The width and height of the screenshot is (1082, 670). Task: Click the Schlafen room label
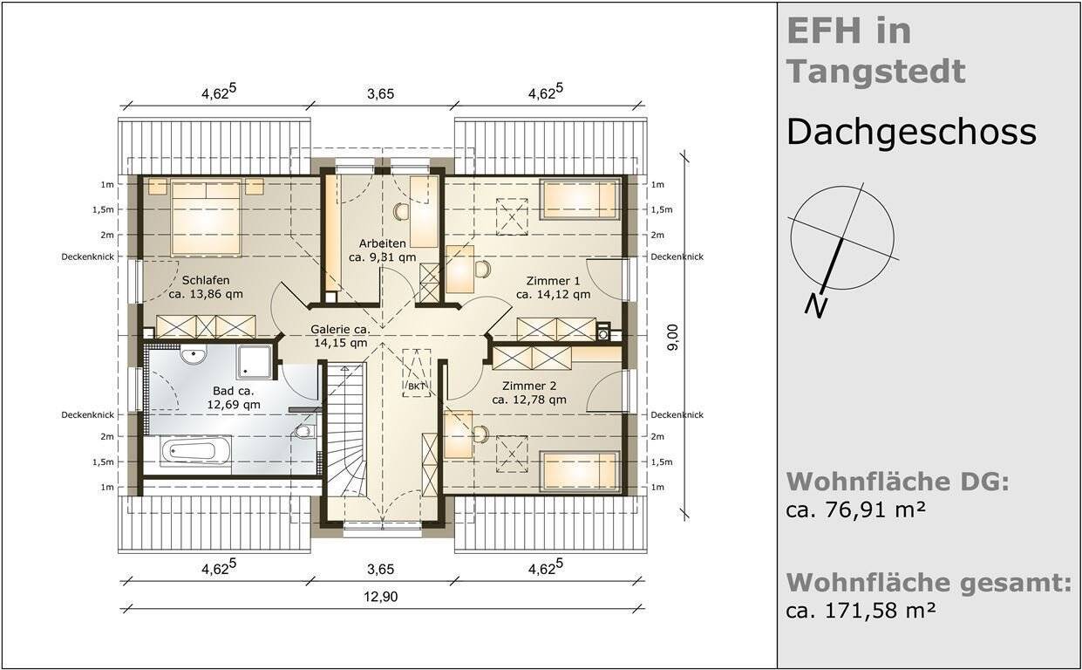[206, 280]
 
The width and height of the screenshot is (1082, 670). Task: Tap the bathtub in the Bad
[195, 453]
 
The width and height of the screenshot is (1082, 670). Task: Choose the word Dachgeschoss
[910, 133]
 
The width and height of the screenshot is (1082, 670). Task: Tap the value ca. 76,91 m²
[854, 510]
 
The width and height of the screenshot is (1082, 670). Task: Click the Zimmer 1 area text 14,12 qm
[553, 295]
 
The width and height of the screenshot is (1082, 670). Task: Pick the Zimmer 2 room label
[528, 386]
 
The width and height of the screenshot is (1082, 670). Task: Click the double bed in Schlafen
[206, 217]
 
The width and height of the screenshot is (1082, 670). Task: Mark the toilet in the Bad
[303, 432]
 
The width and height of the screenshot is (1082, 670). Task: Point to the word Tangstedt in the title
[875, 71]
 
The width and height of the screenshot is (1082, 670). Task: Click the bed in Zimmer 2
[580, 470]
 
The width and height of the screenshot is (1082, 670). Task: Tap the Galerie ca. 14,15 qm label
[341, 337]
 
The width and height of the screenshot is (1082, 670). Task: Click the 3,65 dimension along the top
[380, 93]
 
